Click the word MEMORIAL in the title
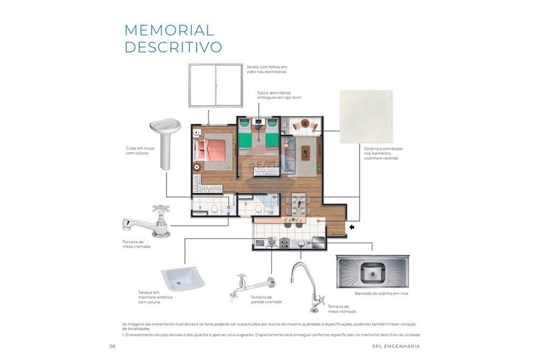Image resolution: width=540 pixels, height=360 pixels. pyautogui.click(x=169, y=30)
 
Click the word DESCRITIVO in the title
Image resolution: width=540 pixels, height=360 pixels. pyautogui.click(x=173, y=47)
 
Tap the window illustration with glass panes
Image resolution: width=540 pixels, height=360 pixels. pyautogui.click(x=215, y=85)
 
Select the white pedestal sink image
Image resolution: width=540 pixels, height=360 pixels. pyautogui.click(x=165, y=142)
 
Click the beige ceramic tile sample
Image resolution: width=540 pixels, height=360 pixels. pyautogui.click(x=366, y=117)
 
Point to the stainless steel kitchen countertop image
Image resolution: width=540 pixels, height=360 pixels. pyautogui.click(x=372, y=271)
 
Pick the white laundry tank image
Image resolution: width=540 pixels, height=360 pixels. pyautogui.click(x=183, y=277)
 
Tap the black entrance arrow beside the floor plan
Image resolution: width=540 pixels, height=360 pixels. pyautogui.click(x=352, y=227)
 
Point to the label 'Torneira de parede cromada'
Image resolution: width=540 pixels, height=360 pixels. pyautogui.click(x=266, y=300)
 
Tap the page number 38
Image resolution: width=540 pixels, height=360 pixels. pyautogui.click(x=112, y=346)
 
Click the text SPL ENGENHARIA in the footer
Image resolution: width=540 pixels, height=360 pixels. pyautogui.click(x=396, y=346)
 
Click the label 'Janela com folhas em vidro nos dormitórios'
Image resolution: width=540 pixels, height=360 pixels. pyautogui.click(x=267, y=69)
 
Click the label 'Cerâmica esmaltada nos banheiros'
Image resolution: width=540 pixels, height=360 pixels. pyautogui.click(x=383, y=154)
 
